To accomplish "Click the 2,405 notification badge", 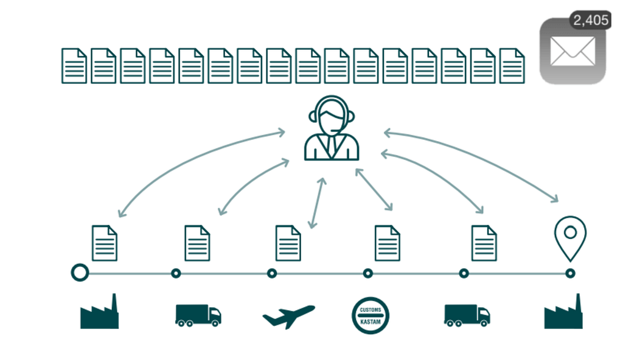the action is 590,20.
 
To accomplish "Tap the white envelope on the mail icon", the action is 573,51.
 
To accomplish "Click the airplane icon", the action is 289,316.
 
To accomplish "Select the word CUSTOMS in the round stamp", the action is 371,310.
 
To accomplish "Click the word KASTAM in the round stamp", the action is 371,322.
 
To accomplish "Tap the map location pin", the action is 570,238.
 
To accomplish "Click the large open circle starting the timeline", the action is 80,273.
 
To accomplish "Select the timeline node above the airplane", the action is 272,274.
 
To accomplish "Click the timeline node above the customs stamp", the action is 368,274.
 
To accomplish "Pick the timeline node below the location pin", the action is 570,274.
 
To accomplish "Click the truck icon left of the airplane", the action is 198,316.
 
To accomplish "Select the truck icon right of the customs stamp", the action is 467,316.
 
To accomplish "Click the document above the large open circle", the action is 105,243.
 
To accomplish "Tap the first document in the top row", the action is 74,66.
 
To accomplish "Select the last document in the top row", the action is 512,66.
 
